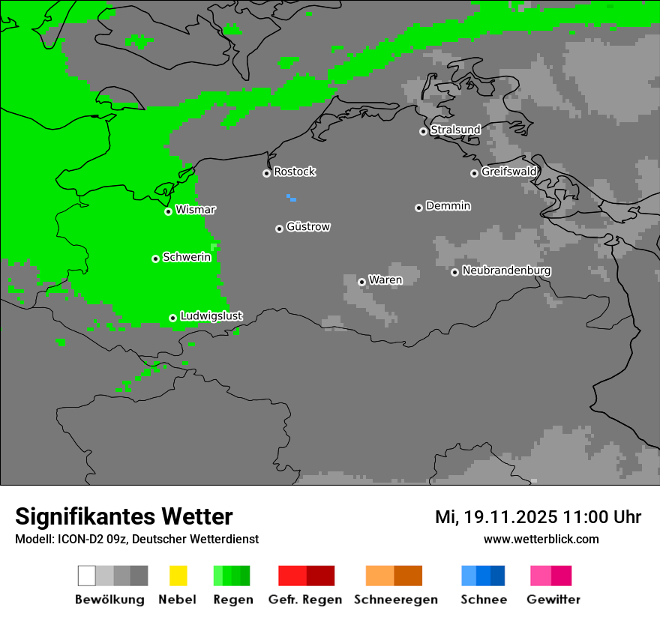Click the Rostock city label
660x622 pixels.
295,172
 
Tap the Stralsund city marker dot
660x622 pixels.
423,131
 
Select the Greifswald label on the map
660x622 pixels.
509,172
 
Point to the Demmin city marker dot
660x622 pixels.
418,208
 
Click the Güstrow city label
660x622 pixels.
308,226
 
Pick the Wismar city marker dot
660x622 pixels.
168,211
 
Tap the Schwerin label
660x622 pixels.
187,257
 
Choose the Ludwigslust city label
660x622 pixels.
211,316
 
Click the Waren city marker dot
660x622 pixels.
361,282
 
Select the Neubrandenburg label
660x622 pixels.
507,271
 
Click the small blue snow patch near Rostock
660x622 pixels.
291,198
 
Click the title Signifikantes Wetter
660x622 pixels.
124,516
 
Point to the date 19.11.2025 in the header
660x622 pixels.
510,517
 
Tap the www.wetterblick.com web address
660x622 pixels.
541,539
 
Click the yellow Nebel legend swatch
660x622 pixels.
178,576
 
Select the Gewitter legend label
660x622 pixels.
553,600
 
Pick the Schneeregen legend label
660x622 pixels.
396,600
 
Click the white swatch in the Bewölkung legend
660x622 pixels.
87,576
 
